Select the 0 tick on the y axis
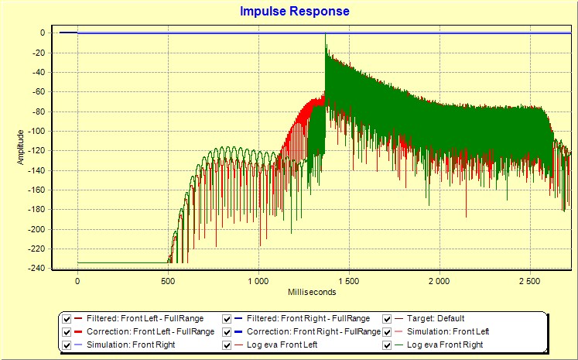pos(46,33)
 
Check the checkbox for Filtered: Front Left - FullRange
pos(67,318)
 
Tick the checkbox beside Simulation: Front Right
pos(67,345)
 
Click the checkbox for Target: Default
pos(388,318)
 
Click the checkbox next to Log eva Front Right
pos(388,345)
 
